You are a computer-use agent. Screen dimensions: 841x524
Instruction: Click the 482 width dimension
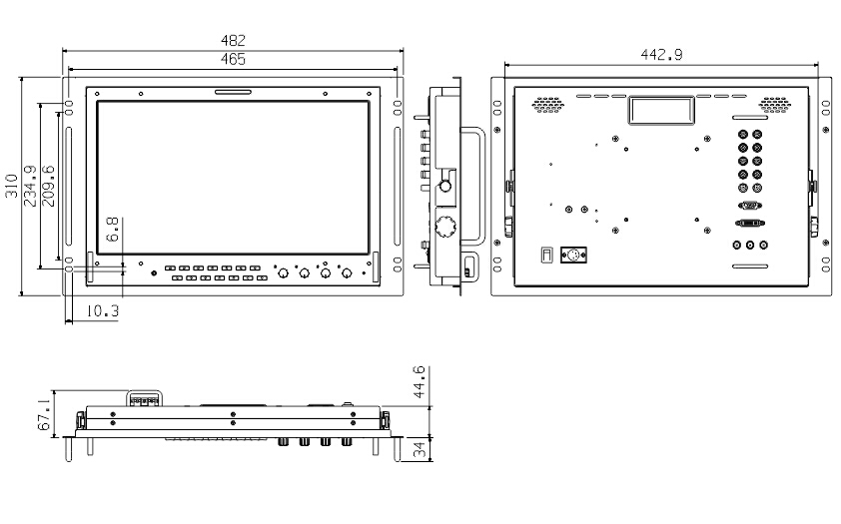tap(233, 40)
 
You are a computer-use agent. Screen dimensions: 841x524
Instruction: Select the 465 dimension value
tap(233, 59)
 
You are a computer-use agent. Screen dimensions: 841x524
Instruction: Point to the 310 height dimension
tap(12, 186)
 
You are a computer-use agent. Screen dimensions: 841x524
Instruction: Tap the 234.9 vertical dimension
tap(30, 186)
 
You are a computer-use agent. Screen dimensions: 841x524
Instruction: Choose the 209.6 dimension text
tap(48, 186)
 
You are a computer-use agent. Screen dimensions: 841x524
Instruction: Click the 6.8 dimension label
tap(112, 230)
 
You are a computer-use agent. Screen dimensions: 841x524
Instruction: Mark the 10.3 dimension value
tap(102, 310)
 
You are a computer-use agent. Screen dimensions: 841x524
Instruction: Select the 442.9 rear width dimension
tap(661, 55)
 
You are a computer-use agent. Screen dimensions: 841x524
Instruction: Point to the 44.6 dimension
tap(419, 381)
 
